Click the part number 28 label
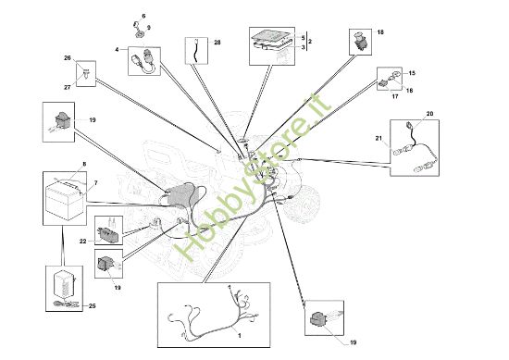[x=217, y=43]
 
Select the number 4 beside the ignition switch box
[x=117, y=50]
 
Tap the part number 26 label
[x=68, y=58]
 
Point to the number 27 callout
[x=68, y=87]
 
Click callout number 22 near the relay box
[x=83, y=242]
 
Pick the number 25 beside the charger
[x=93, y=305]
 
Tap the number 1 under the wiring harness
[x=240, y=336]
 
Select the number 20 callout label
[x=429, y=114]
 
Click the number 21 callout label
[x=379, y=138]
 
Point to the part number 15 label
[x=412, y=73]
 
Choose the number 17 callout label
[x=395, y=96]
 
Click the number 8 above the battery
[x=84, y=164]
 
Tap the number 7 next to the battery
[x=95, y=183]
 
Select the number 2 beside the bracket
[x=310, y=42]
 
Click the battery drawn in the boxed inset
[x=65, y=200]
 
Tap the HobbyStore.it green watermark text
[x=253, y=177]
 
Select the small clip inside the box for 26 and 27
[x=87, y=74]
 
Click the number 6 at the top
[x=143, y=16]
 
